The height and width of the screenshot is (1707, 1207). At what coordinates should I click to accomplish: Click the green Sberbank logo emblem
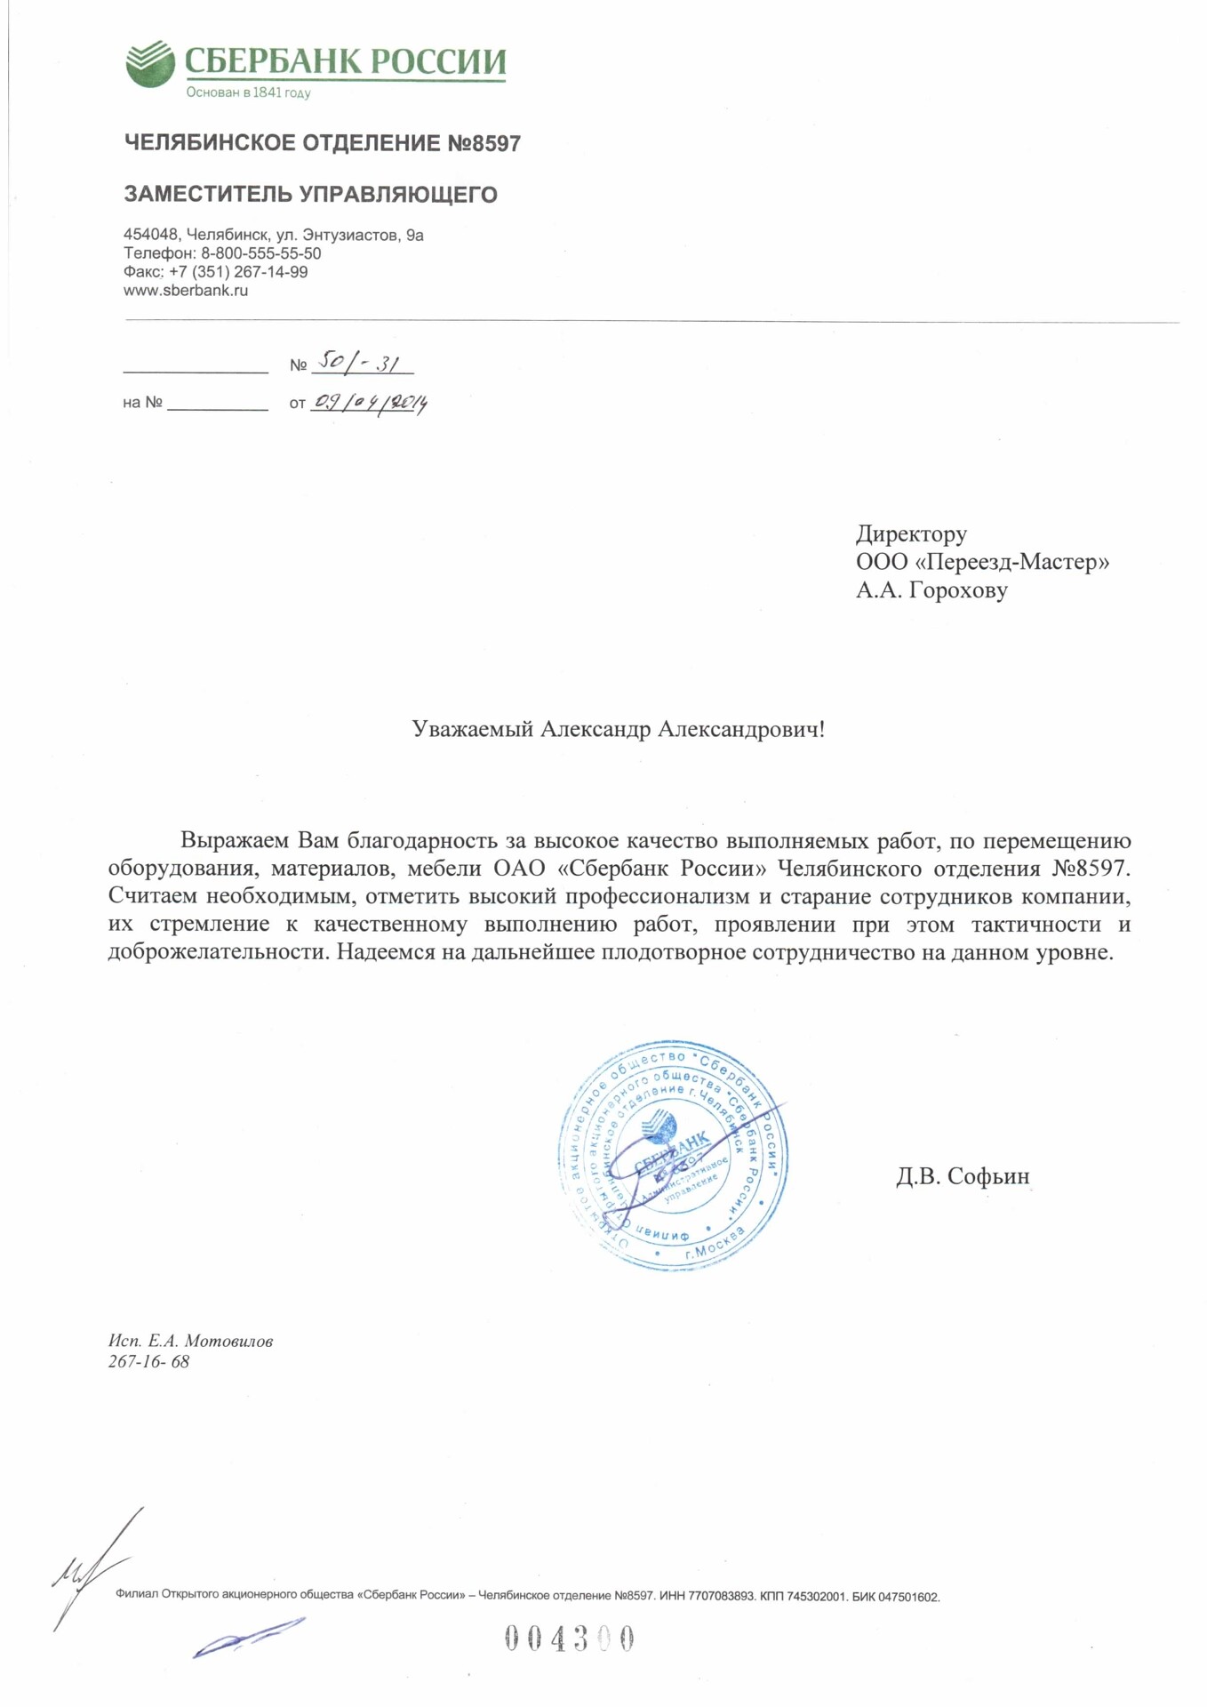[149, 63]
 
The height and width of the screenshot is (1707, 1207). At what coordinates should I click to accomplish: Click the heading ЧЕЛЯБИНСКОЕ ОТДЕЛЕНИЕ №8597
[322, 143]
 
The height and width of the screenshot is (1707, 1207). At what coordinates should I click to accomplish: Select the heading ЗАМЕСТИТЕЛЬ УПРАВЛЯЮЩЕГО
[310, 194]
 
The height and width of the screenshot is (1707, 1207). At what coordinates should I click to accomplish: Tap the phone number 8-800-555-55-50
[260, 253]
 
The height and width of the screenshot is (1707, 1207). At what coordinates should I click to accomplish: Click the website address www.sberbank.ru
[186, 291]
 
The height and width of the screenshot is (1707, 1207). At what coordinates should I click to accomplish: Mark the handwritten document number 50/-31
[360, 362]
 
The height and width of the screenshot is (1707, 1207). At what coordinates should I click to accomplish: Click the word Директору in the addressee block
[911, 533]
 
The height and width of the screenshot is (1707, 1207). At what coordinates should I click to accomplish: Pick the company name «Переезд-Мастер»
[1011, 562]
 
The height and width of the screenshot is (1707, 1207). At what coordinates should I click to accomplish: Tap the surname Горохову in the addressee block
[958, 590]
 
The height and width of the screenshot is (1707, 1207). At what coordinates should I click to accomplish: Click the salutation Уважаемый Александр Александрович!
[619, 730]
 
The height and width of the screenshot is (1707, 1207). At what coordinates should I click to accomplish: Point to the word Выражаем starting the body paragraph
[235, 841]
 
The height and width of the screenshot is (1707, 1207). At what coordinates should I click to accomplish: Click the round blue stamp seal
[673, 1155]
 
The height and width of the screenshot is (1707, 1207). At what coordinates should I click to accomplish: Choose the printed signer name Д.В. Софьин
[963, 1176]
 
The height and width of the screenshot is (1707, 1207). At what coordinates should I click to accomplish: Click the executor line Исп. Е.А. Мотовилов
[190, 1341]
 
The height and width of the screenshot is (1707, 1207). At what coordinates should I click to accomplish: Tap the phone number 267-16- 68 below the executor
[148, 1362]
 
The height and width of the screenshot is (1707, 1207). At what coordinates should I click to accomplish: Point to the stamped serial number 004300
[570, 1638]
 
